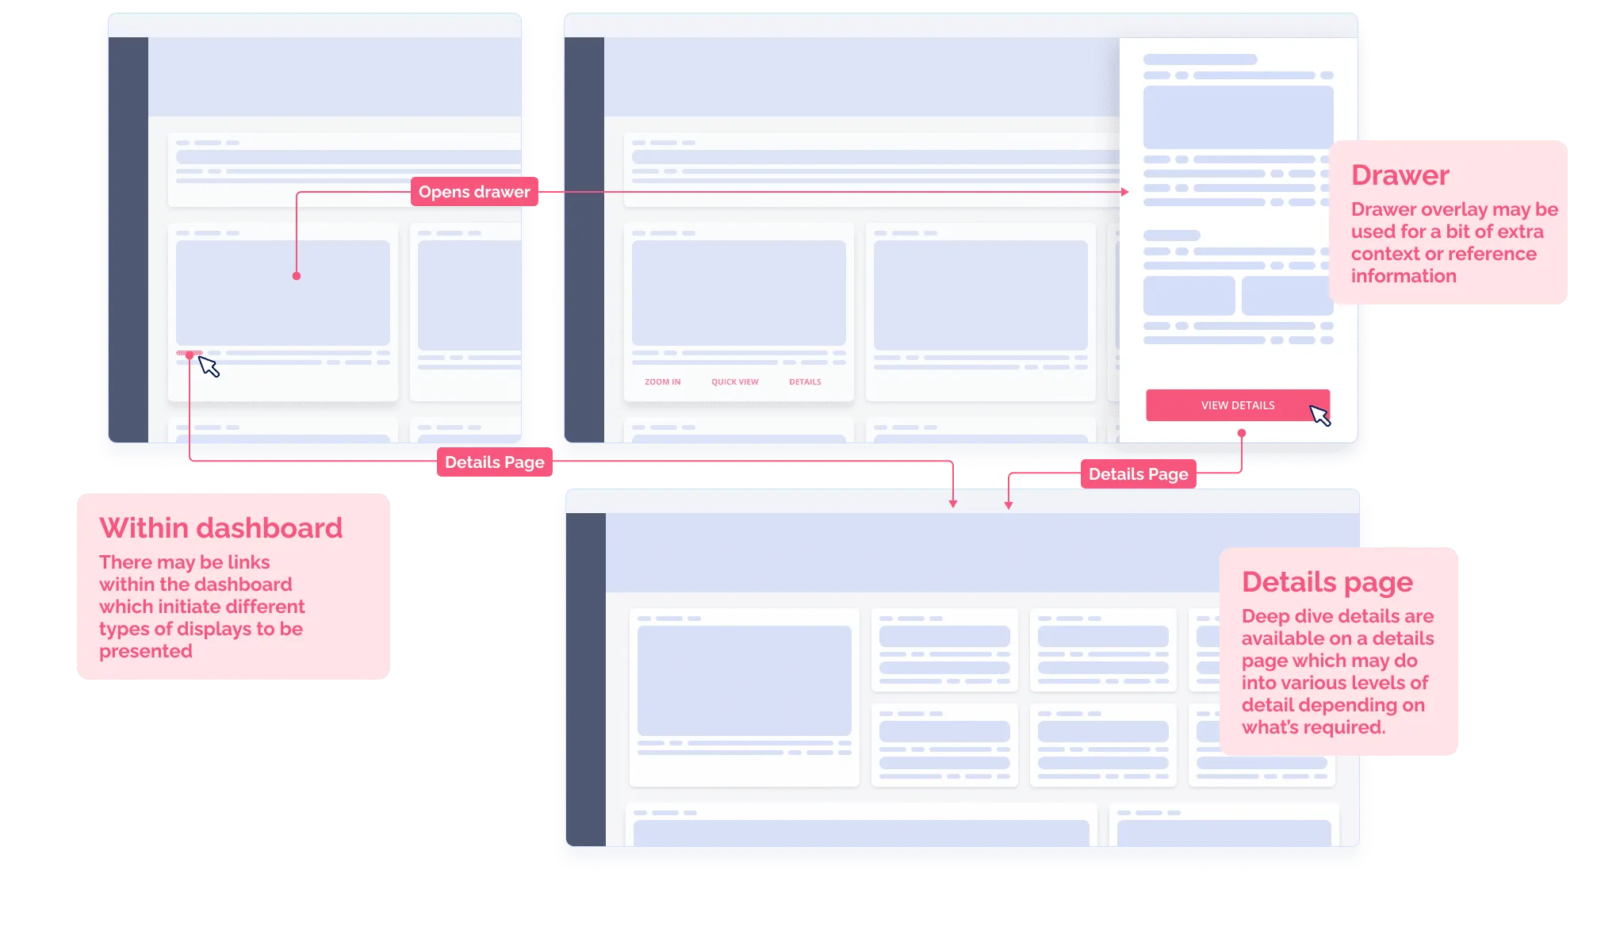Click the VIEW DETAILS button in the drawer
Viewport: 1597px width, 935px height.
pos(1237,405)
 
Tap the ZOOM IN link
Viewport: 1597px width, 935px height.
pos(662,382)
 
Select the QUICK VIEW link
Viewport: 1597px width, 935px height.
pos(734,382)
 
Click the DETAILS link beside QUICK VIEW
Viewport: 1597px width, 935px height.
pos(805,382)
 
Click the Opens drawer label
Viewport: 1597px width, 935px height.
pos(474,192)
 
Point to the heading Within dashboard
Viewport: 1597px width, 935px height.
pos(220,528)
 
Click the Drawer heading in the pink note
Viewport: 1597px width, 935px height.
pos(1400,175)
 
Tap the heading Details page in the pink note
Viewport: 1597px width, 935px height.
pos(1327,582)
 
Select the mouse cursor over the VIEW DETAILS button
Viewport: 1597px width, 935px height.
pos(1319,415)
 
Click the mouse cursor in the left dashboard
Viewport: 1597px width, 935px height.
pos(209,366)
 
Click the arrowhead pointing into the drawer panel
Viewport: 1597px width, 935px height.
pos(1124,192)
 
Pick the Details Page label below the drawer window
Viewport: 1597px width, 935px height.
pos(1138,474)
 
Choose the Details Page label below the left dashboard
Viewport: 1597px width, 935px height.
pos(494,462)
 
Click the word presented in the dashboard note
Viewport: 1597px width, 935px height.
pos(146,651)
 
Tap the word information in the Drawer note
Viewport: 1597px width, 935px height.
pos(1404,276)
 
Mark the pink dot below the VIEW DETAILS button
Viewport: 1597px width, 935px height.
pos(1242,433)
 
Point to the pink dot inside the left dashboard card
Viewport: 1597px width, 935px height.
pos(297,276)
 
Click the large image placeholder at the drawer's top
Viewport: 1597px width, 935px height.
pos(1237,117)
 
